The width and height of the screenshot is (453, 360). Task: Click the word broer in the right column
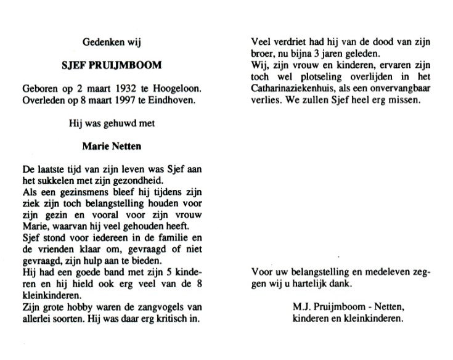click(263, 54)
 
